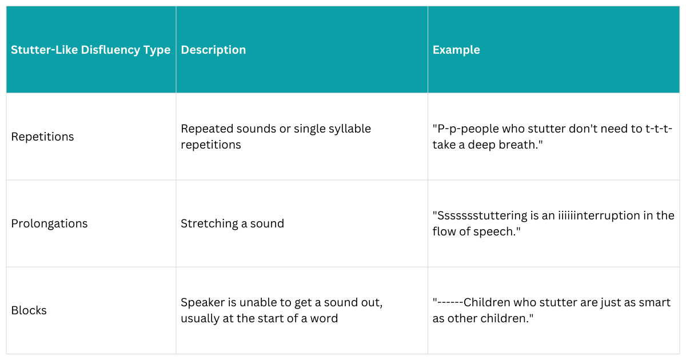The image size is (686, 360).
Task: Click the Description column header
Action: (x=213, y=50)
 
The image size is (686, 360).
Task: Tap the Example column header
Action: (x=456, y=50)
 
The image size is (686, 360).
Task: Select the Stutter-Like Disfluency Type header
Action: (x=90, y=50)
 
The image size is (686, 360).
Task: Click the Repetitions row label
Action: (x=43, y=137)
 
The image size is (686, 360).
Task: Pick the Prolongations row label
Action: (x=49, y=223)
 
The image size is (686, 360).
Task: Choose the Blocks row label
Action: (x=29, y=310)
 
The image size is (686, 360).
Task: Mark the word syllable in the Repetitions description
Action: (x=349, y=129)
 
